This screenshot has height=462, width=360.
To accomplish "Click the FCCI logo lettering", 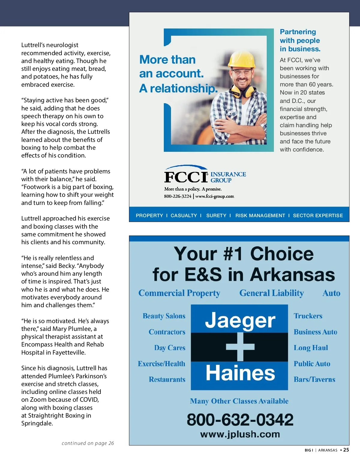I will tap(186, 177).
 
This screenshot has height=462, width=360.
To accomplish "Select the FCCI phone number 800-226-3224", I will tap(178, 196).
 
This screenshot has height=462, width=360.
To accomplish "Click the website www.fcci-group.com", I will tap(214, 196).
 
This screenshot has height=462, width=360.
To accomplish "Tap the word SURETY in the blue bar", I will tap(216, 215).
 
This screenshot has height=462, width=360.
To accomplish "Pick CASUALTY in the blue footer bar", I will tap(184, 215).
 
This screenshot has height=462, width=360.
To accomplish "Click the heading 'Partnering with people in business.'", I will tap(300, 40).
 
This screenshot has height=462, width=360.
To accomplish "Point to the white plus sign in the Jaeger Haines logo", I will tap(240, 347).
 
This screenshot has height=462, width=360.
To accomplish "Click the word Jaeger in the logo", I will tap(240, 320).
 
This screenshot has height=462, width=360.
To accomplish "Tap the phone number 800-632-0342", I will tap(240, 419).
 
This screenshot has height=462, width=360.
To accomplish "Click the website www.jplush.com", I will tap(240, 434).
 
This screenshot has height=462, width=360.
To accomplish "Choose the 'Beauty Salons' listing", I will tap(164, 316).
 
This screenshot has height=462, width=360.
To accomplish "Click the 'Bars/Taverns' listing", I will tap(314, 379).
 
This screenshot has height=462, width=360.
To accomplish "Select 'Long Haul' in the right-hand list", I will tap(311, 348).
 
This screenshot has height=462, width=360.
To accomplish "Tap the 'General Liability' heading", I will tap(271, 293).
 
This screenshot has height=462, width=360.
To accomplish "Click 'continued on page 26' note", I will tap(88, 443).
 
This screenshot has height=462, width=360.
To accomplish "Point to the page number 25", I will tap(346, 450).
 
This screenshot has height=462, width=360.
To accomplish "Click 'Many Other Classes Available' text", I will tap(239, 401).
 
